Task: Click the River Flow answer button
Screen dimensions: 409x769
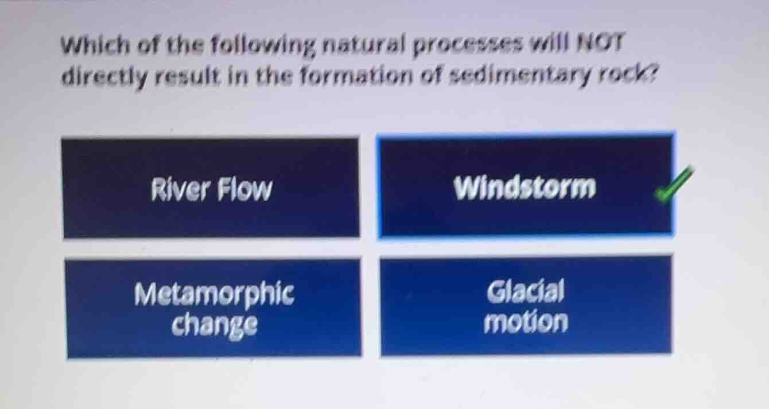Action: [211, 188]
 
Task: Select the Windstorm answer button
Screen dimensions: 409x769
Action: [525, 186]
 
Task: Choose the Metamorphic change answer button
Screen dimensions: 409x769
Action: [213, 308]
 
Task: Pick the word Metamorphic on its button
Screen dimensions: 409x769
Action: [214, 294]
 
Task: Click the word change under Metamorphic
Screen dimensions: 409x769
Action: [214, 325]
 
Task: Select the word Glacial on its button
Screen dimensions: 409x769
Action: [526, 291]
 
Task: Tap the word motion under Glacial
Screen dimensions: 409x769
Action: [526, 322]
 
